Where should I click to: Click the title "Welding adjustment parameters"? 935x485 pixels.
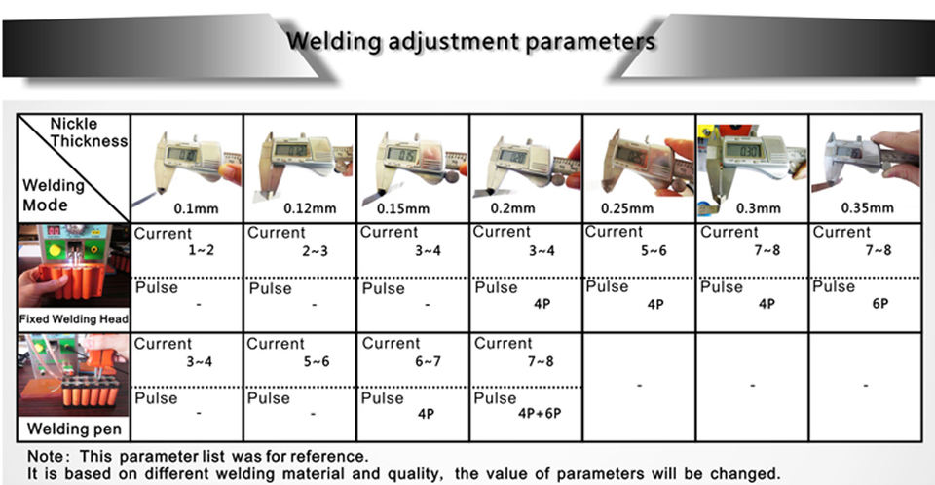coord(470,42)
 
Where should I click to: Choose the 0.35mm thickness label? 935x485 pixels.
coord(867,208)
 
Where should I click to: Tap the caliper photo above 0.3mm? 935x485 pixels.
coord(752,158)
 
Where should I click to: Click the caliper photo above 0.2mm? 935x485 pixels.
coord(526,158)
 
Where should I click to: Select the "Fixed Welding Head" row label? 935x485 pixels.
coord(74,318)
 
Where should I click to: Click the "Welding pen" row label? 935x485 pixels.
coord(73,429)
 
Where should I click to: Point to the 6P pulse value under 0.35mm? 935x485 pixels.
coord(879,304)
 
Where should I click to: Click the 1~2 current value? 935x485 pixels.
coord(201,251)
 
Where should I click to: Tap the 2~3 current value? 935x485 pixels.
coord(314,251)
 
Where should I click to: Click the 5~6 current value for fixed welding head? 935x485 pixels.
coord(653,251)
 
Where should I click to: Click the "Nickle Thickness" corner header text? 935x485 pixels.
coord(89,132)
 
